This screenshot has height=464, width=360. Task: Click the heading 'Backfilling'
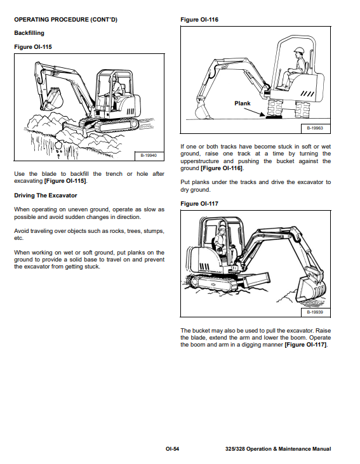tap(29, 33)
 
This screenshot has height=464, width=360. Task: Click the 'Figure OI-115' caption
tap(33, 47)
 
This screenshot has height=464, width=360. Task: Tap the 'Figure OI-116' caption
tap(199, 20)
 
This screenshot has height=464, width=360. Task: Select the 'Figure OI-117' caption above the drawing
tap(199, 204)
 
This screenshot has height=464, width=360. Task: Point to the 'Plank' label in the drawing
tap(242, 103)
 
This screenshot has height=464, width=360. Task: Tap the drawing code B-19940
tap(149, 156)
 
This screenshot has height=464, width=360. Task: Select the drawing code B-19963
tap(315, 128)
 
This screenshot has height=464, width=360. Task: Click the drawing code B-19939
tap(315, 312)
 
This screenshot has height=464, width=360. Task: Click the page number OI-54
tap(172, 449)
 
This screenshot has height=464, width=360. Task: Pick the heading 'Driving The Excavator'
tap(46, 196)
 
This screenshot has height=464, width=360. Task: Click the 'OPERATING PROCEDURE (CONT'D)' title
tap(66, 20)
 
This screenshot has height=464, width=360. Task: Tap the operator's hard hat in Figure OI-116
tap(299, 50)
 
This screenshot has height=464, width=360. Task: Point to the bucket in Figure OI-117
tap(311, 289)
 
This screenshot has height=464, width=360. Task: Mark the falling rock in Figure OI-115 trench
tap(58, 145)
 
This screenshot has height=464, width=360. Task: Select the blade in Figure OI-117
tap(257, 279)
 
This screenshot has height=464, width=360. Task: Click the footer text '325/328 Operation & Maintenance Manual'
tap(278, 449)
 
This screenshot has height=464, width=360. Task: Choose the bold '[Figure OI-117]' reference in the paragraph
tap(306, 345)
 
